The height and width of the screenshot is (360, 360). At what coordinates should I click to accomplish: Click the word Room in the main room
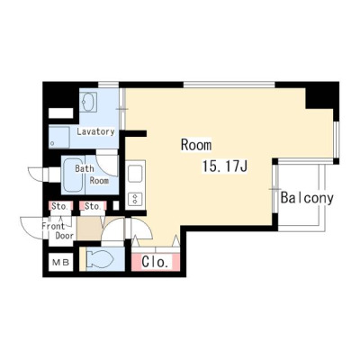(x=196, y=145)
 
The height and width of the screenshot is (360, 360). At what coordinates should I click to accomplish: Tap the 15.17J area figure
(x=225, y=166)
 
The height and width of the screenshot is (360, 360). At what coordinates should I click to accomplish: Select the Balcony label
(x=307, y=198)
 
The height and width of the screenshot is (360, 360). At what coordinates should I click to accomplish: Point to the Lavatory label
(x=95, y=131)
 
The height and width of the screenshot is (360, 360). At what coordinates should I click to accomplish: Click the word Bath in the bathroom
(x=85, y=168)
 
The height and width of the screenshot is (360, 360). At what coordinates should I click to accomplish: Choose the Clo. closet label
(x=155, y=262)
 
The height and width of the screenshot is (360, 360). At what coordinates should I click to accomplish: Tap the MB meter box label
(x=61, y=263)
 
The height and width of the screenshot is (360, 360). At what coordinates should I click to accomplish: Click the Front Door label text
(x=58, y=230)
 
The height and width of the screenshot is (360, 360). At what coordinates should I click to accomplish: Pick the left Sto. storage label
(x=59, y=206)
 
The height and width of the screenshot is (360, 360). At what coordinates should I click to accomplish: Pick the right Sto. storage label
(x=92, y=206)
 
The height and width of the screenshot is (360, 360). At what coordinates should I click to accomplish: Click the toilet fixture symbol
(x=100, y=258)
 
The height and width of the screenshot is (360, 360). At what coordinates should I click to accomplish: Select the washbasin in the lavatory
(x=88, y=102)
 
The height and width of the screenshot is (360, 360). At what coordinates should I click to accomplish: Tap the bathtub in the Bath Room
(x=73, y=175)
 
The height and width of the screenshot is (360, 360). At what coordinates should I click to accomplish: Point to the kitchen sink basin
(x=136, y=173)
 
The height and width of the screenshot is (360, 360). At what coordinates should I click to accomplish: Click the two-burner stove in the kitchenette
(x=136, y=199)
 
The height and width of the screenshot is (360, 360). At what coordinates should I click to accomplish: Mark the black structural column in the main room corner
(x=319, y=97)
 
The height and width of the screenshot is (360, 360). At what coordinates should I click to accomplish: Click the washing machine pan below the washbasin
(x=59, y=137)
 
